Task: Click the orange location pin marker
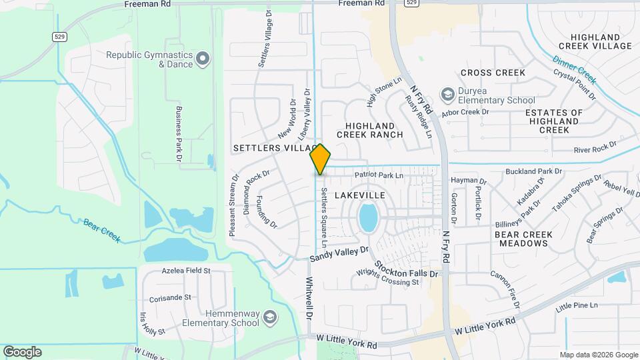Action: (320, 159)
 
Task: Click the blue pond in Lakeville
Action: (367, 217)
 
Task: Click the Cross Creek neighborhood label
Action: (493, 73)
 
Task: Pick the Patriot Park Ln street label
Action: (379, 175)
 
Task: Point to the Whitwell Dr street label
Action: (309, 297)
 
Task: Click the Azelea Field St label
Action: (186, 271)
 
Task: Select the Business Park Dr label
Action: (179, 133)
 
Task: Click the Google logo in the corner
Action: (22, 352)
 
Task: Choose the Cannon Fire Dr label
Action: (505, 285)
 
